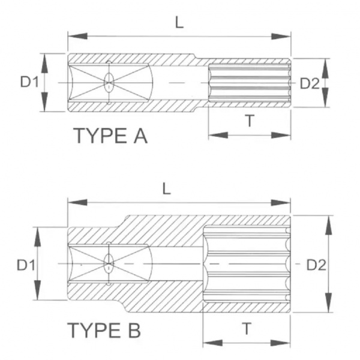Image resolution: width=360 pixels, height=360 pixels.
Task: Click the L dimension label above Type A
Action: (x=179, y=23)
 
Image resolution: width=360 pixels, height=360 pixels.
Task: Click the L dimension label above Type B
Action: (x=166, y=189)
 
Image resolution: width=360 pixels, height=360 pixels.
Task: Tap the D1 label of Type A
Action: (x=29, y=82)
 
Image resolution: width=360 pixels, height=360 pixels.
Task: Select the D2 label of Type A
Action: (x=310, y=83)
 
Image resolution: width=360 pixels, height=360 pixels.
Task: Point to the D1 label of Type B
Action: (x=26, y=265)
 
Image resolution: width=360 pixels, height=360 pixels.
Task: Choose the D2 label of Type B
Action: (x=316, y=265)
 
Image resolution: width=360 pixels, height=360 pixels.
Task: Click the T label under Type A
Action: (x=250, y=121)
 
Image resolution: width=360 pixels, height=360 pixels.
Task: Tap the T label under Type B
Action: (x=247, y=329)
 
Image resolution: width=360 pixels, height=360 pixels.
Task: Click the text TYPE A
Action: (x=110, y=136)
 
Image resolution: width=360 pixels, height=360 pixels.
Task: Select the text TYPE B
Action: (x=104, y=330)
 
